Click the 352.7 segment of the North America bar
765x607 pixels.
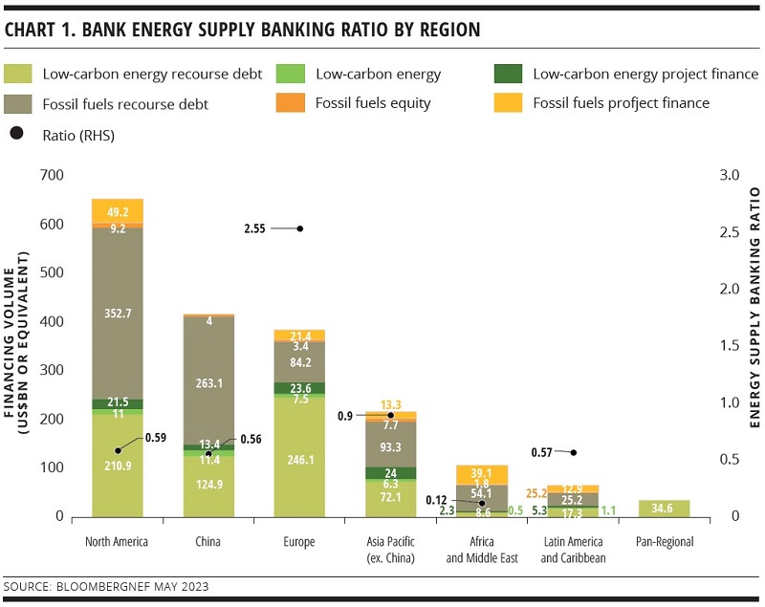pos(118,313)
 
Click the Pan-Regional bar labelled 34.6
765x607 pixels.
pos(665,508)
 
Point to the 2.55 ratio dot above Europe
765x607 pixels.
pos(300,228)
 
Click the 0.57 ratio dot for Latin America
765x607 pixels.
pos(574,452)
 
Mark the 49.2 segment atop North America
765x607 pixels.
pos(118,211)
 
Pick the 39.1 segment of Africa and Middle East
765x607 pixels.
pos(482,474)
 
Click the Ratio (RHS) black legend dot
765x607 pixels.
pos(17,135)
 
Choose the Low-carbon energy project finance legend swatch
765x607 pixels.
pos(507,74)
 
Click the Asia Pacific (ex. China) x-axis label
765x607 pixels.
pos(390,550)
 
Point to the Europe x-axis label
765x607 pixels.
pos(299,542)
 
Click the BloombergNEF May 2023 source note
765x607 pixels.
pos(107,585)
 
